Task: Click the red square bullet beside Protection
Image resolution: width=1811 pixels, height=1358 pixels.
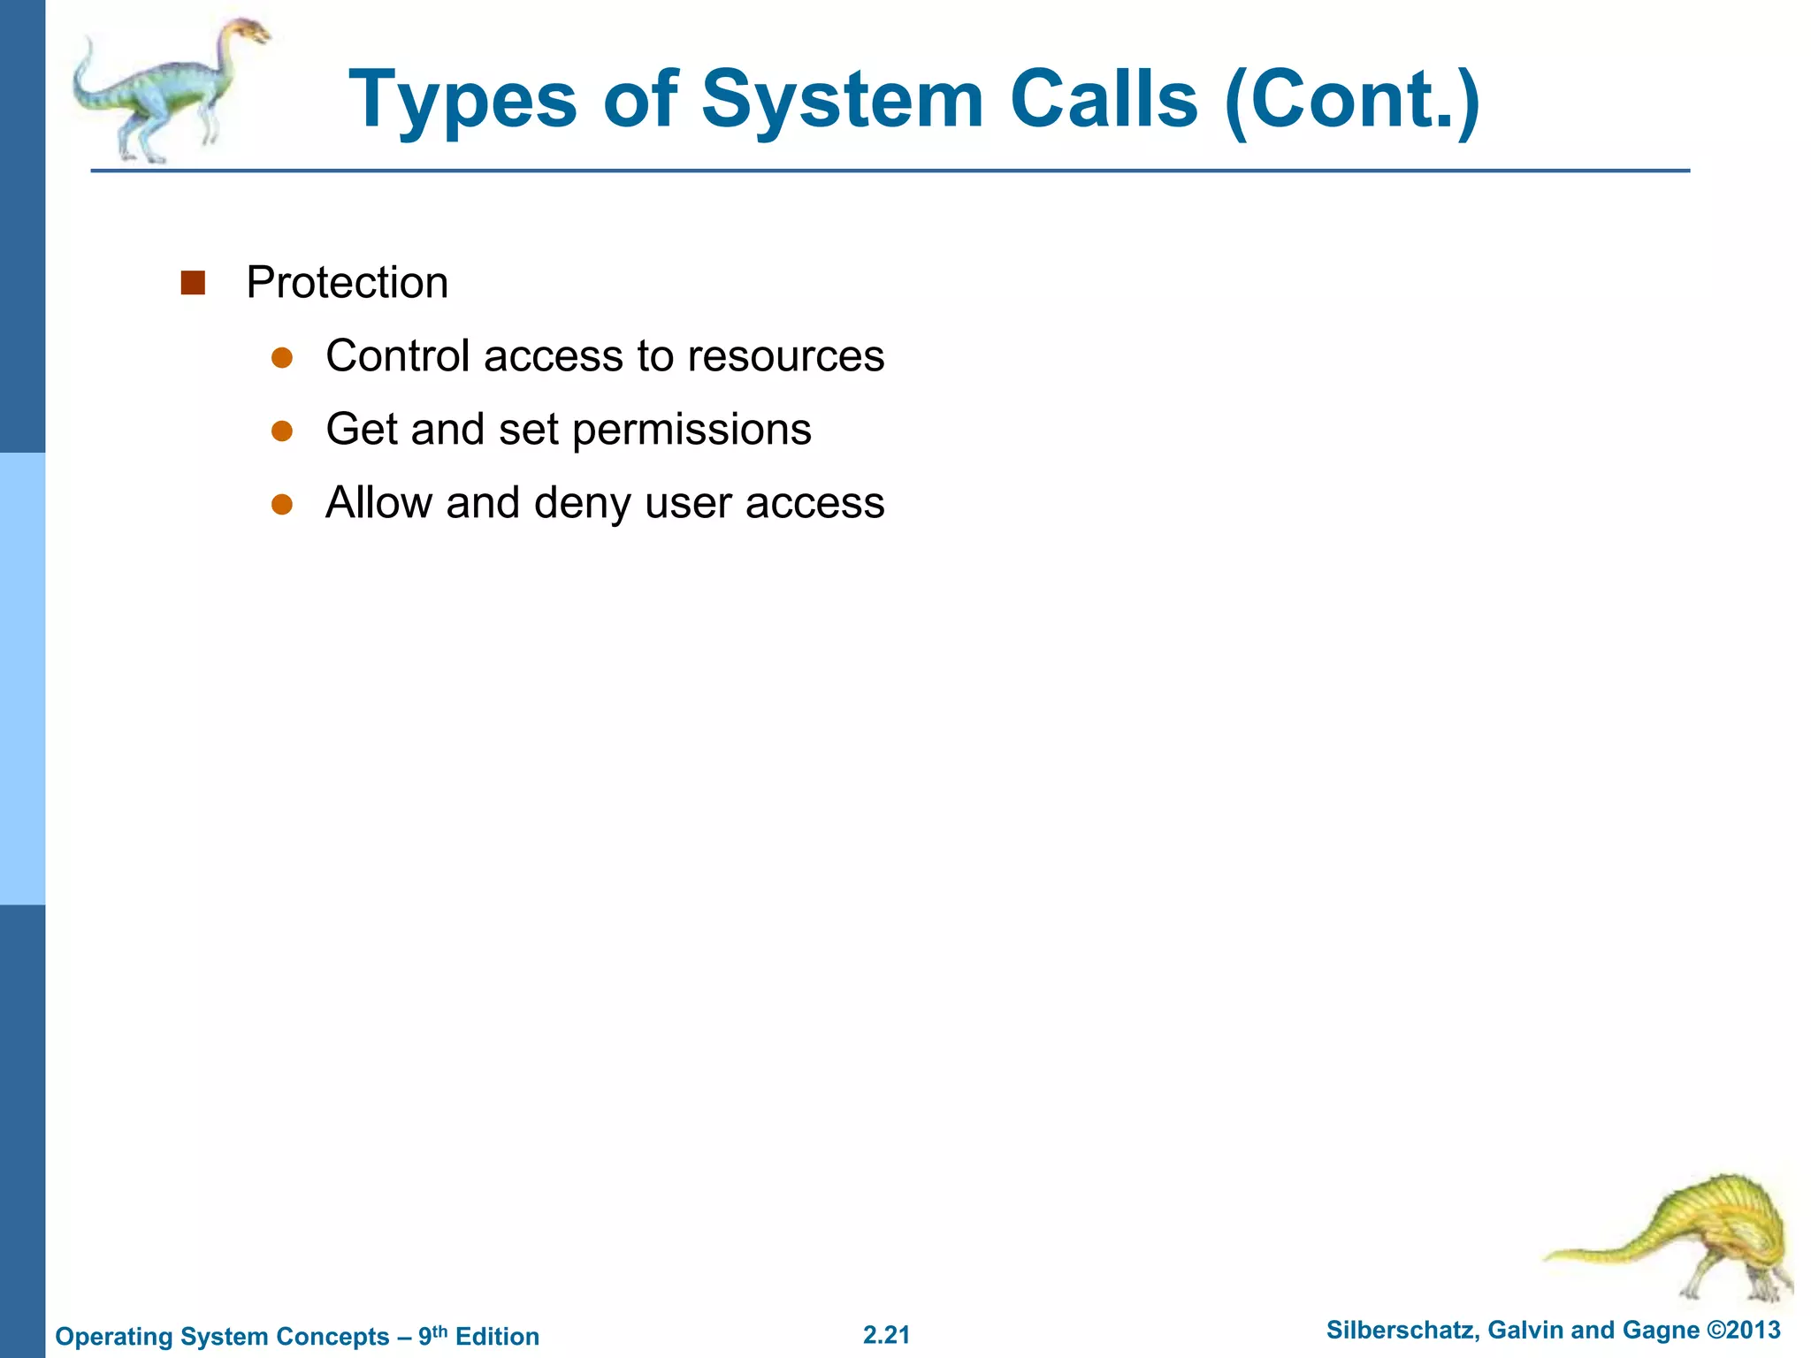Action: [193, 283]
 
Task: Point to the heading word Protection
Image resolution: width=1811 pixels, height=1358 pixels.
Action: [347, 283]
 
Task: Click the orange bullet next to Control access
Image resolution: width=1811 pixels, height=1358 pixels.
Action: [282, 357]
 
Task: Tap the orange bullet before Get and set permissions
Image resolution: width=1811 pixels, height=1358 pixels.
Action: [282, 431]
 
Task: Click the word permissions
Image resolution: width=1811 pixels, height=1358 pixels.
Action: [692, 431]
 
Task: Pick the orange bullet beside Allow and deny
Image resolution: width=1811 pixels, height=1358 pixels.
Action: [282, 504]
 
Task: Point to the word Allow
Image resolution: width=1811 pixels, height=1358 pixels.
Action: [378, 503]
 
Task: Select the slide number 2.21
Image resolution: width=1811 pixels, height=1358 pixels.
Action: [886, 1335]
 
